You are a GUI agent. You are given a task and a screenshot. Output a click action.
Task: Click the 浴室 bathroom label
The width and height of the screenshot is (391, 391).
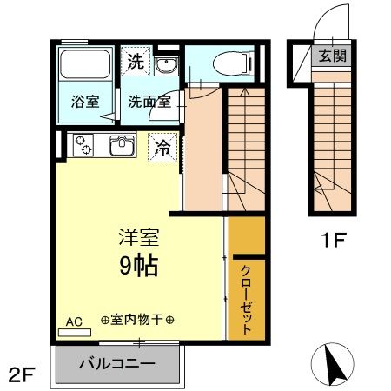(84, 100)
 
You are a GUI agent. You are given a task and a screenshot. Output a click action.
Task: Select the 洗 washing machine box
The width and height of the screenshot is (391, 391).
(136, 62)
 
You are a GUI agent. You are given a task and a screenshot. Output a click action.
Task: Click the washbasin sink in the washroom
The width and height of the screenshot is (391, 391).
(167, 66)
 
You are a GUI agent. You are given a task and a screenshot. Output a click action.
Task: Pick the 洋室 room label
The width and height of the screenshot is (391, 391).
(138, 237)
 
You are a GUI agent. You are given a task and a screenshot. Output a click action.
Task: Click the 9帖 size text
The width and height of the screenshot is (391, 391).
(138, 265)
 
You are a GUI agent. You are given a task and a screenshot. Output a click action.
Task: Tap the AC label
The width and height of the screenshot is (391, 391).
(74, 321)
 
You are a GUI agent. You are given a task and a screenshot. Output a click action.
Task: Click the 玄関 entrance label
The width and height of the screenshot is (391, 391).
(332, 57)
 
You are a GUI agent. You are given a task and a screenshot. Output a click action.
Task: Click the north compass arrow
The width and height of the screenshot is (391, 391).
(333, 365)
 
